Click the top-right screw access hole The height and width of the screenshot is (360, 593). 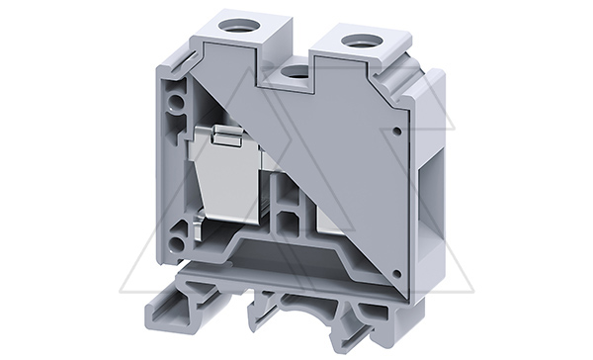point(352,41)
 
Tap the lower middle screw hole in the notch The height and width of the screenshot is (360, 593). point(293,73)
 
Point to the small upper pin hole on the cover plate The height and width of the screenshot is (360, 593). point(396,128)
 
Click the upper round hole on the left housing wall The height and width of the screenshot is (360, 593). point(177,102)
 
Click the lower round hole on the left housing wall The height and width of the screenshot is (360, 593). point(177,239)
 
